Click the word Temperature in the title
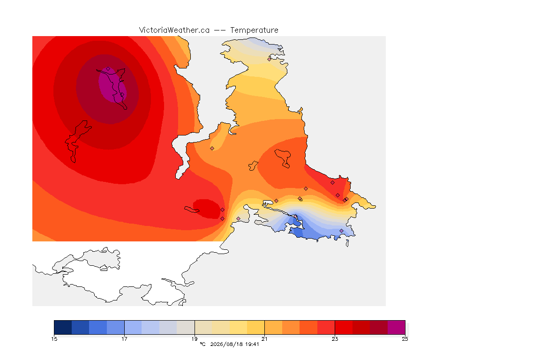(x=254, y=30)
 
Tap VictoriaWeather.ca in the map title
(x=174, y=30)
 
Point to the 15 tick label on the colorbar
(x=54, y=339)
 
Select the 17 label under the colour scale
(x=124, y=339)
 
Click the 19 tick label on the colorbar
(x=195, y=339)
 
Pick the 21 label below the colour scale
(x=264, y=339)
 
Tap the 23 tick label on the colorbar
(x=335, y=339)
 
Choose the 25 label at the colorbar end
(x=405, y=339)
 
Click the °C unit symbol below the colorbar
(x=202, y=344)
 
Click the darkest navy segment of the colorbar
(x=63, y=327)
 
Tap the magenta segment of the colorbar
(x=397, y=327)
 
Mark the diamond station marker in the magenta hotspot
(x=108, y=69)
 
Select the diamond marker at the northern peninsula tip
(x=270, y=59)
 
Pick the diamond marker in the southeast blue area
(x=341, y=231)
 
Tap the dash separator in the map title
(x=220, y=30)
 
